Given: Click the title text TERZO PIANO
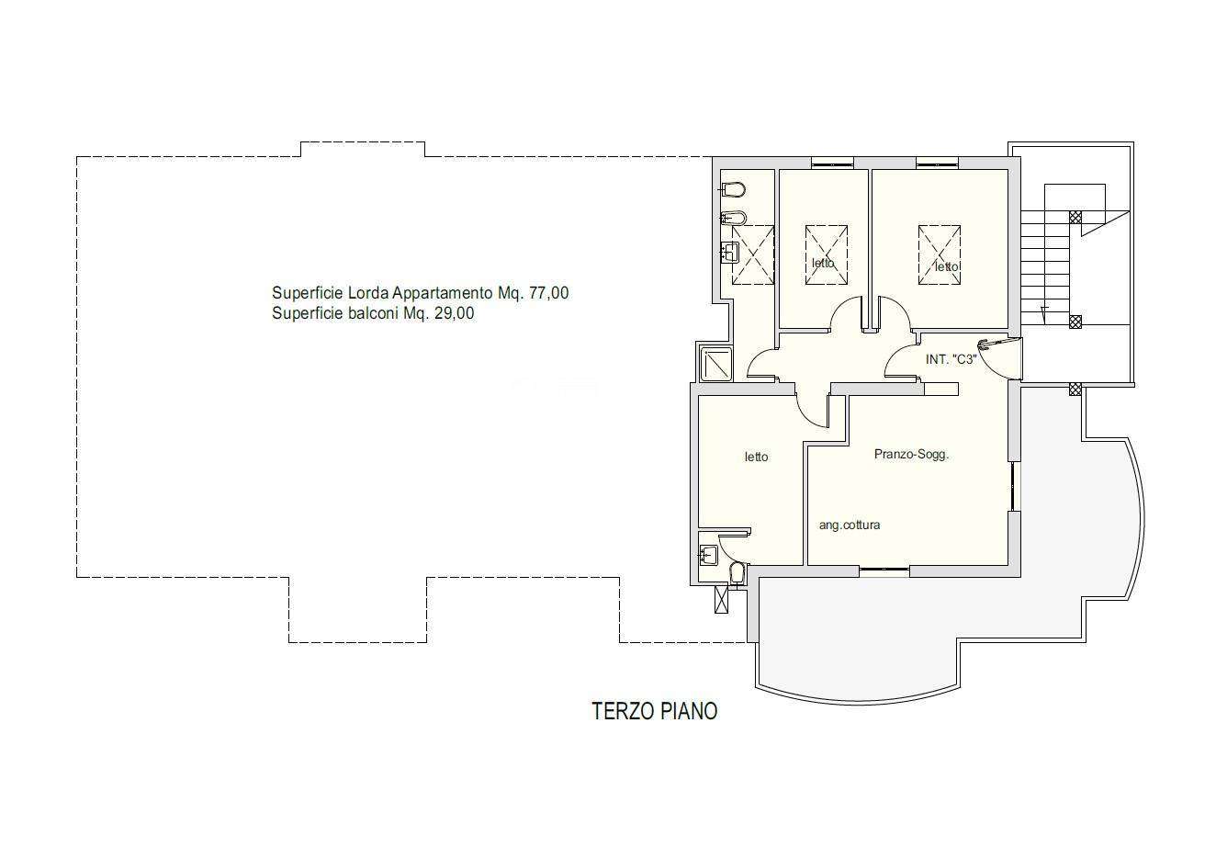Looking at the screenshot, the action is (654, 711).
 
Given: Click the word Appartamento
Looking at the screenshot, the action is (443, 294).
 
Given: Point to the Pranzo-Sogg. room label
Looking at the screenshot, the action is (911, 455).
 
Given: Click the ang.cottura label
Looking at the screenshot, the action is (850, 525).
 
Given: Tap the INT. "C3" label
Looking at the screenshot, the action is (951, 359).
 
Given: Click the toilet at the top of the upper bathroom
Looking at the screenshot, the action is (732, 190).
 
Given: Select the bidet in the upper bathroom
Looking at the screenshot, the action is (733, 219).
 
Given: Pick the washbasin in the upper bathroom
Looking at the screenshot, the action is (729, 252).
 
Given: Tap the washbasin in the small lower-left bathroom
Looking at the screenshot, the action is (708, 555).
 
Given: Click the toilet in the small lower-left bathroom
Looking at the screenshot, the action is (736, 574).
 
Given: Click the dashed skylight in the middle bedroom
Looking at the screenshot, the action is (827, 254).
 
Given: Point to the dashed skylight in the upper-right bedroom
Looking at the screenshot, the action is (940, 254).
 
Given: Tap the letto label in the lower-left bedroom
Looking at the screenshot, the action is (756, 457).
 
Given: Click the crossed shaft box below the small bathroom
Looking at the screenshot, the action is (722, 599).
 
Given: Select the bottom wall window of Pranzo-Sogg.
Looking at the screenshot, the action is (884, 569).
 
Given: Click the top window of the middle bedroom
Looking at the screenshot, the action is (833, 163).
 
